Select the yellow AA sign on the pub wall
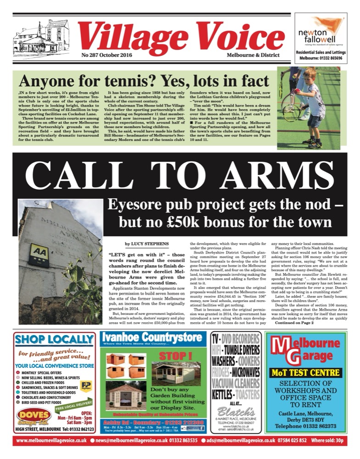click(x=39, y=255)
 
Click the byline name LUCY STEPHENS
click(x=143, y=243)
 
